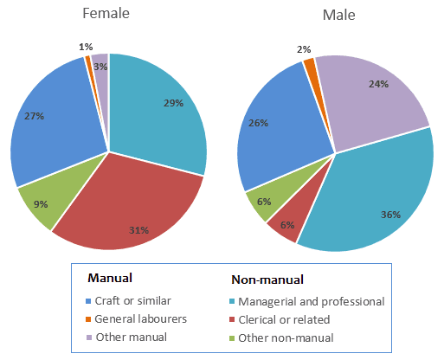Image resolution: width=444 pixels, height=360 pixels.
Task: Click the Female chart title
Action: coord(106,15)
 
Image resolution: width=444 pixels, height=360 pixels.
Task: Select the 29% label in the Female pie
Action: coord(172,103)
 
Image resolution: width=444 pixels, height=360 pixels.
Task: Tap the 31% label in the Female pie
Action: coord(139,230)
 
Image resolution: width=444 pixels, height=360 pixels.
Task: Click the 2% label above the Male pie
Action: coord(305,49)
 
